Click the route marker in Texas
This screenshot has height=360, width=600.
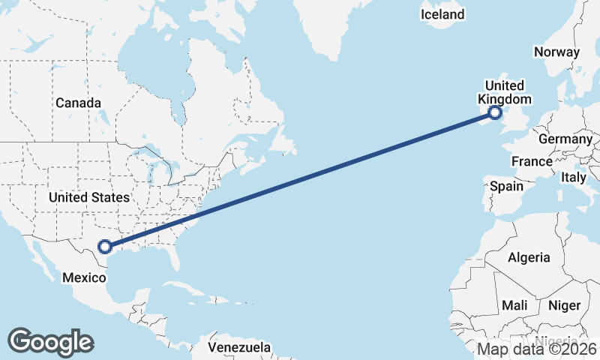pyautogui.click(x=105, y=246)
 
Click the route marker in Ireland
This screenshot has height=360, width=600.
pyautogui.click(x=494, y=113)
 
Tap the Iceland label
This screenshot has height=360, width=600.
pyautogui.click(x=442, y=14)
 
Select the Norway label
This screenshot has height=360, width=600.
pyautogui.click(x=556, y=52)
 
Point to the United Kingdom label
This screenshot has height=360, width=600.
pyautogui.click(x=505, y=92)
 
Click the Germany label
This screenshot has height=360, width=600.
pyautogui.click(x=565, y=139)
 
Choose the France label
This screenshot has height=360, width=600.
pyautogui.click(x=532, y=161)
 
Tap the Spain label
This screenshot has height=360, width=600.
pyautogui.click(x=507, y=185)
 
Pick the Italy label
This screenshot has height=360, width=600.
pyautogui.click(x=574, y=178)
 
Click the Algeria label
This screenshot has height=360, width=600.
pyautogui.click(x=529, y=257)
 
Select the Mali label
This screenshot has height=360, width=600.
pyautogui.click(x=514, y=305)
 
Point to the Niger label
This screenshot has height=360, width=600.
pyautogui.click(x=564, y=305)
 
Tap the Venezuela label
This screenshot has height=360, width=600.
pyautogui.click(x=239, y=348)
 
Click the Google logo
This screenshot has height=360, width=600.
pyautogui.click(x=50, y=341)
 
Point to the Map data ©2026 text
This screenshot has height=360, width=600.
pyautogui.click(x=537, y=349)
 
